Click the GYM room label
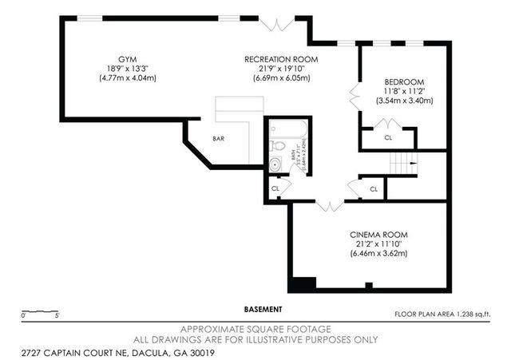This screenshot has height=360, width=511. tap(126, 60)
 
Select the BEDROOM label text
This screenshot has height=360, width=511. tap(404, 82)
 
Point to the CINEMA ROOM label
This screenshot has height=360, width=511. tap(378, 235)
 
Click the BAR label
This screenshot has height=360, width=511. tap(218, 139)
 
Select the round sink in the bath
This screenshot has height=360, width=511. tap(275, 165)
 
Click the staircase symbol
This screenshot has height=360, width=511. tap(403, 165)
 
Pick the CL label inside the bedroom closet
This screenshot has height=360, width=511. tap(388, 137)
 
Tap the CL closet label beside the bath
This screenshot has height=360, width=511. tap(275, 188)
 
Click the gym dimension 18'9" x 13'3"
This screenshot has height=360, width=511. tap(126, 69)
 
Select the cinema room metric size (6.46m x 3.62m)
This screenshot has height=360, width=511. tap(378, 254)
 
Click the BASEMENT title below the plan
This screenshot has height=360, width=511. tap(263, 309)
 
